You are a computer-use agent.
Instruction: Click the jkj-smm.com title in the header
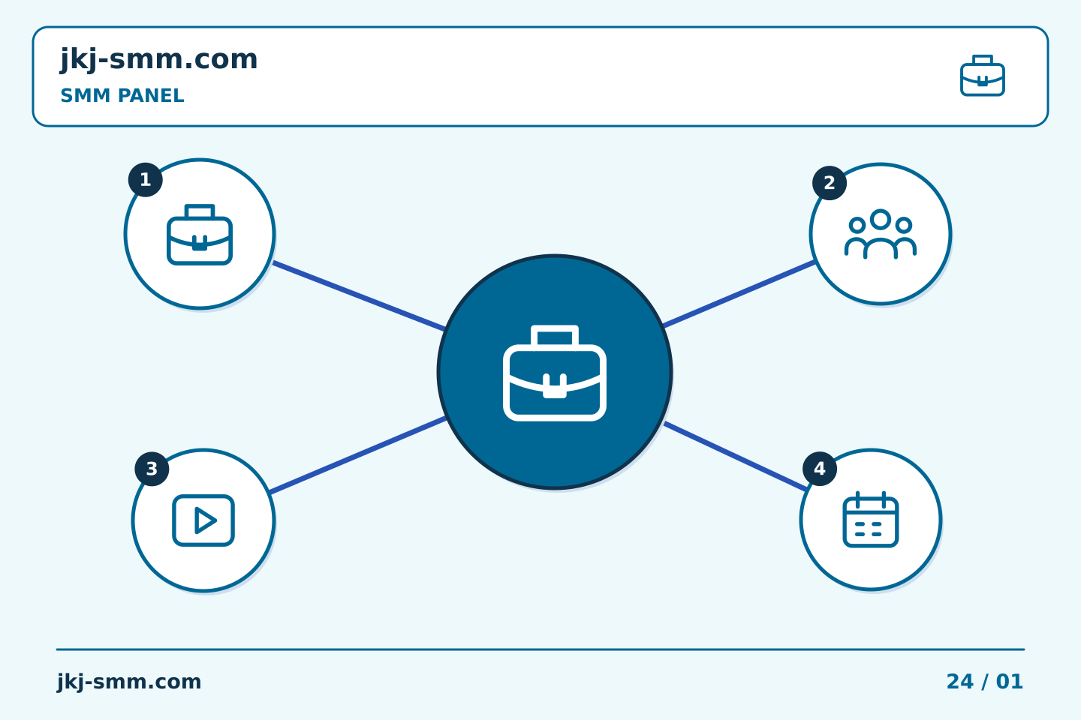point(159,60)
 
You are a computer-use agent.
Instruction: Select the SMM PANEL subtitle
point(122,95)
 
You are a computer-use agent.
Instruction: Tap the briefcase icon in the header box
point(983,76)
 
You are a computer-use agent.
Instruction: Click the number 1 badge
point(146,180)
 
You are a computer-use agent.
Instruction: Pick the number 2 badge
point(830,183)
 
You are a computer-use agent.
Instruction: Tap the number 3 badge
point(152,469)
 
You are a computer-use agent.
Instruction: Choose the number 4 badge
point(820,469)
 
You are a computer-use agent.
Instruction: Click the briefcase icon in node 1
point(200,235)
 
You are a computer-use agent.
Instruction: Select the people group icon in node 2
point(881,234)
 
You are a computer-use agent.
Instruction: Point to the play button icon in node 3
point(203,520)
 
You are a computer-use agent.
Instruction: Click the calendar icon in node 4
point(871,520)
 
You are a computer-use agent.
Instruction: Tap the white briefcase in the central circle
point(555,373)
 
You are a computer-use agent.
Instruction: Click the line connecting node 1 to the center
point(359,296)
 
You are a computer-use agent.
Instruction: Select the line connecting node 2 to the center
point(739,294)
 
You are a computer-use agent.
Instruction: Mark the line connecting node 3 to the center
point(357,456)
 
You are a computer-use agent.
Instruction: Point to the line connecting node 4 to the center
point(736,457)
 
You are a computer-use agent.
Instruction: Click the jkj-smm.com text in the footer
point(129,682)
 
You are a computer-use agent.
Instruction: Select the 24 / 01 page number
point(984,682)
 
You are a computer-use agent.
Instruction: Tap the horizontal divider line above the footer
point(540,649)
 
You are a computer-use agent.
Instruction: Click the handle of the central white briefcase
point(555,336)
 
